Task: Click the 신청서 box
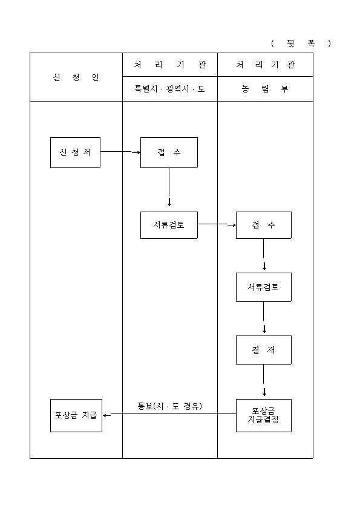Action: [x=75, y=152]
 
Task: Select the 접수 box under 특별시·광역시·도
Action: [x=169, y=152]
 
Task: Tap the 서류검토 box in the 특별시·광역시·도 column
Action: [x=169, y=225]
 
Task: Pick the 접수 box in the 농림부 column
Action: [x=264, y=225]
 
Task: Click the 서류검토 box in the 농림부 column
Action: [x=264, y=287]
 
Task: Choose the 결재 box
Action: [x=264, y=350]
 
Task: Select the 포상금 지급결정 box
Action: [x=264, y=415]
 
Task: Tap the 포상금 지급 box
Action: [x=76, y=415]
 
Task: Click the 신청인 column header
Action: [x=76, y=77]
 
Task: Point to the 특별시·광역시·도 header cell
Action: [x=170, y=89]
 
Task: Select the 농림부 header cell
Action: [x=265, y=89]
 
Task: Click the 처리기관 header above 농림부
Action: [x=265, y=65]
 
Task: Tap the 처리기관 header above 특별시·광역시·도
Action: [x=170, y=65]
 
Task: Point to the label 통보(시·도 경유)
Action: [x=169, y=406]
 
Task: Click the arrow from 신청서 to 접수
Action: [x=120, y=152]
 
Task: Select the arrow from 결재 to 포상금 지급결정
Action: [x=264, y=380]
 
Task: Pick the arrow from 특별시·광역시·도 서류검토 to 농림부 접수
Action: [x=217, y=224]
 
